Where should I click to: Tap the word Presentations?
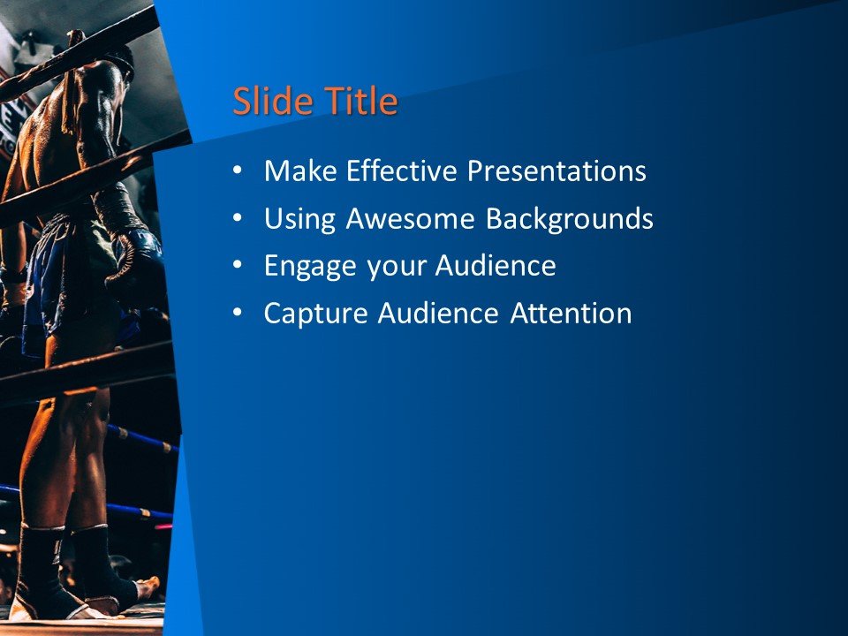click(x=556, y=170)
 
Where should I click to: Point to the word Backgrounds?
click(x=570, y=218)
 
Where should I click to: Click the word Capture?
click(x=308, y=314)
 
